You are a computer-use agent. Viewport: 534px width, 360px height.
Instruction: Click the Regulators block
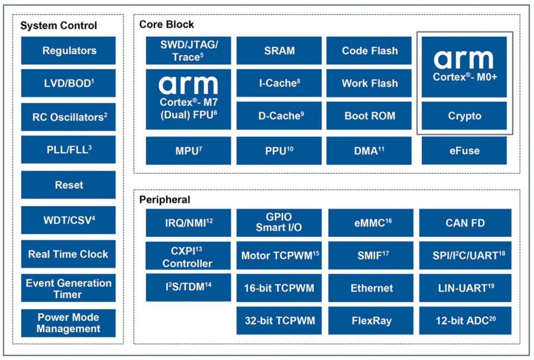[x=68, y=51]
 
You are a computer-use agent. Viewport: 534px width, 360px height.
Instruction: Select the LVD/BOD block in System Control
[x=68, y=83]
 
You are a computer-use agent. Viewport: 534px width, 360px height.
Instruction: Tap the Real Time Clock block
[x=68, y=254]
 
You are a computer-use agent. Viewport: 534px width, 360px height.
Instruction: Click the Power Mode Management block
[x=68, y=323]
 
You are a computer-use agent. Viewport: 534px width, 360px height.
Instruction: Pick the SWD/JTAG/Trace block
[x=188, y=51]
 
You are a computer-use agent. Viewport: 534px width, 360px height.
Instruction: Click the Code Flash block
[x=369, y=51]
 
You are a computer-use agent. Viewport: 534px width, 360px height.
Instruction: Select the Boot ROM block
[x=369, y=116]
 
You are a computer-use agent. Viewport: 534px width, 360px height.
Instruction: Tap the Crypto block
[x=464, y=116]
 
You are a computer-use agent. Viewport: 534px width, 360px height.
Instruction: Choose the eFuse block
[x=464, y=151]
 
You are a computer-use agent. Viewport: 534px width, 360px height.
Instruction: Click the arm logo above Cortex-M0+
[x=464, y=59]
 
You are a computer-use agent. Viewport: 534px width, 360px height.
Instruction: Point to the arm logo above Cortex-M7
[x=188, y=85]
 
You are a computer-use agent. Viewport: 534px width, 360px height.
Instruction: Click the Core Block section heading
[x=166, y=25]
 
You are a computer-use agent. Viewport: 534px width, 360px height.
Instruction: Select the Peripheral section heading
[x=164, y=200]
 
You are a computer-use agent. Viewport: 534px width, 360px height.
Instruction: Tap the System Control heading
[x=58, y=26]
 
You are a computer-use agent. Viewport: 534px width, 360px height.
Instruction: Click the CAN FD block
[x=465, y=223]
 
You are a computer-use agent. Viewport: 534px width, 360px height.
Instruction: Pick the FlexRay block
[x=371, y=320]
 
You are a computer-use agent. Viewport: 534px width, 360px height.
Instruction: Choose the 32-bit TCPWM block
[x=279, y=320]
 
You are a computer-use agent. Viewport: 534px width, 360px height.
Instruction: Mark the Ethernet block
[x=371, y=288]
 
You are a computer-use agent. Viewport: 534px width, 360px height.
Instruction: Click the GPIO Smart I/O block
[x=279, y=223]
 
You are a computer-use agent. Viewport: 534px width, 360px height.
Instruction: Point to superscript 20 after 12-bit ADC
[x=492, y=318]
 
